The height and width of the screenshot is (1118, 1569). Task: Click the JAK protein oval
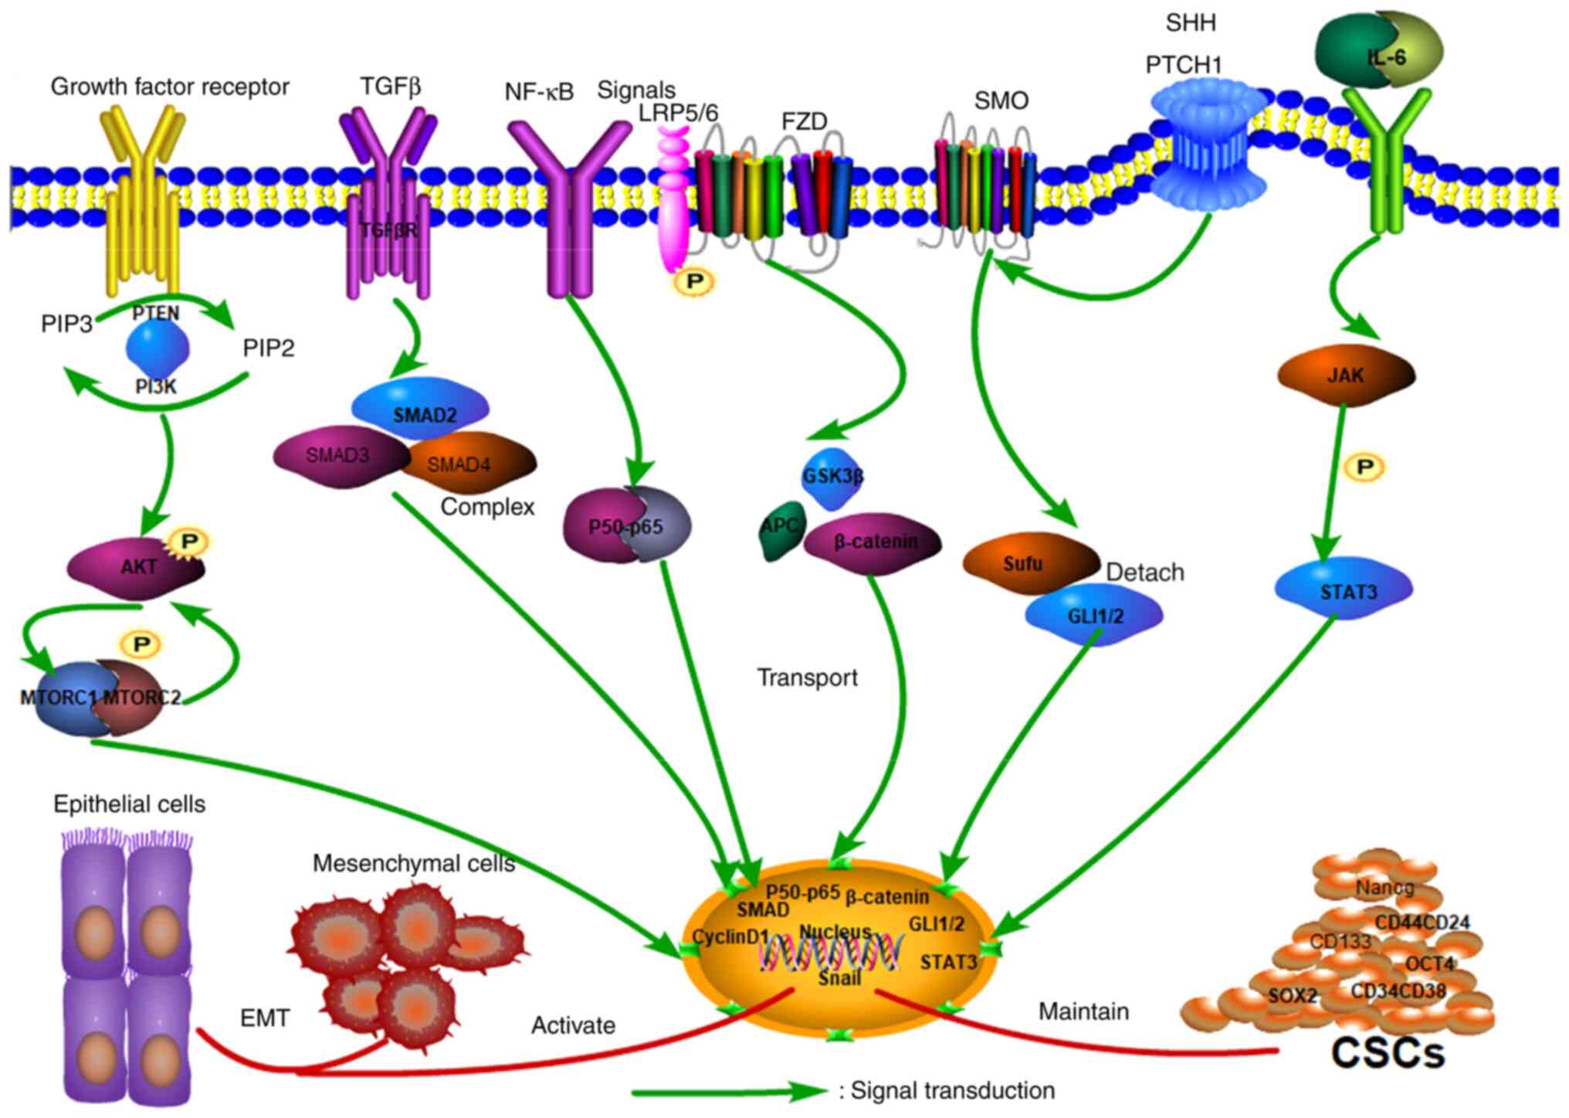coord(1346,375)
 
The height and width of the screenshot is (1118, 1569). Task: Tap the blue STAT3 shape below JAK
coord(1344,591)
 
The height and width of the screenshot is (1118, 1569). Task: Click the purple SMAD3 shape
coord(340,456)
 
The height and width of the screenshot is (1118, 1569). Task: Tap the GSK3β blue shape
coord(832,477)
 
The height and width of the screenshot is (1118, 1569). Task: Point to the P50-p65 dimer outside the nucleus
coord(626,525)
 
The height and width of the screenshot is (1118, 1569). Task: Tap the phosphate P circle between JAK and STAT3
coord(1364,467)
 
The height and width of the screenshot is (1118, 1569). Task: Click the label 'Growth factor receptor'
coord(170,87)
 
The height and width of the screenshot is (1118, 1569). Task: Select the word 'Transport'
coord(807,678)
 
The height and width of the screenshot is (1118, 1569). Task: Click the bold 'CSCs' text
coord(1388,1052)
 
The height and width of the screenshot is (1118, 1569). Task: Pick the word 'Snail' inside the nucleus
coord(839,978)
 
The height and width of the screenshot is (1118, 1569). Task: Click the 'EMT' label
coord(265,1018)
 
